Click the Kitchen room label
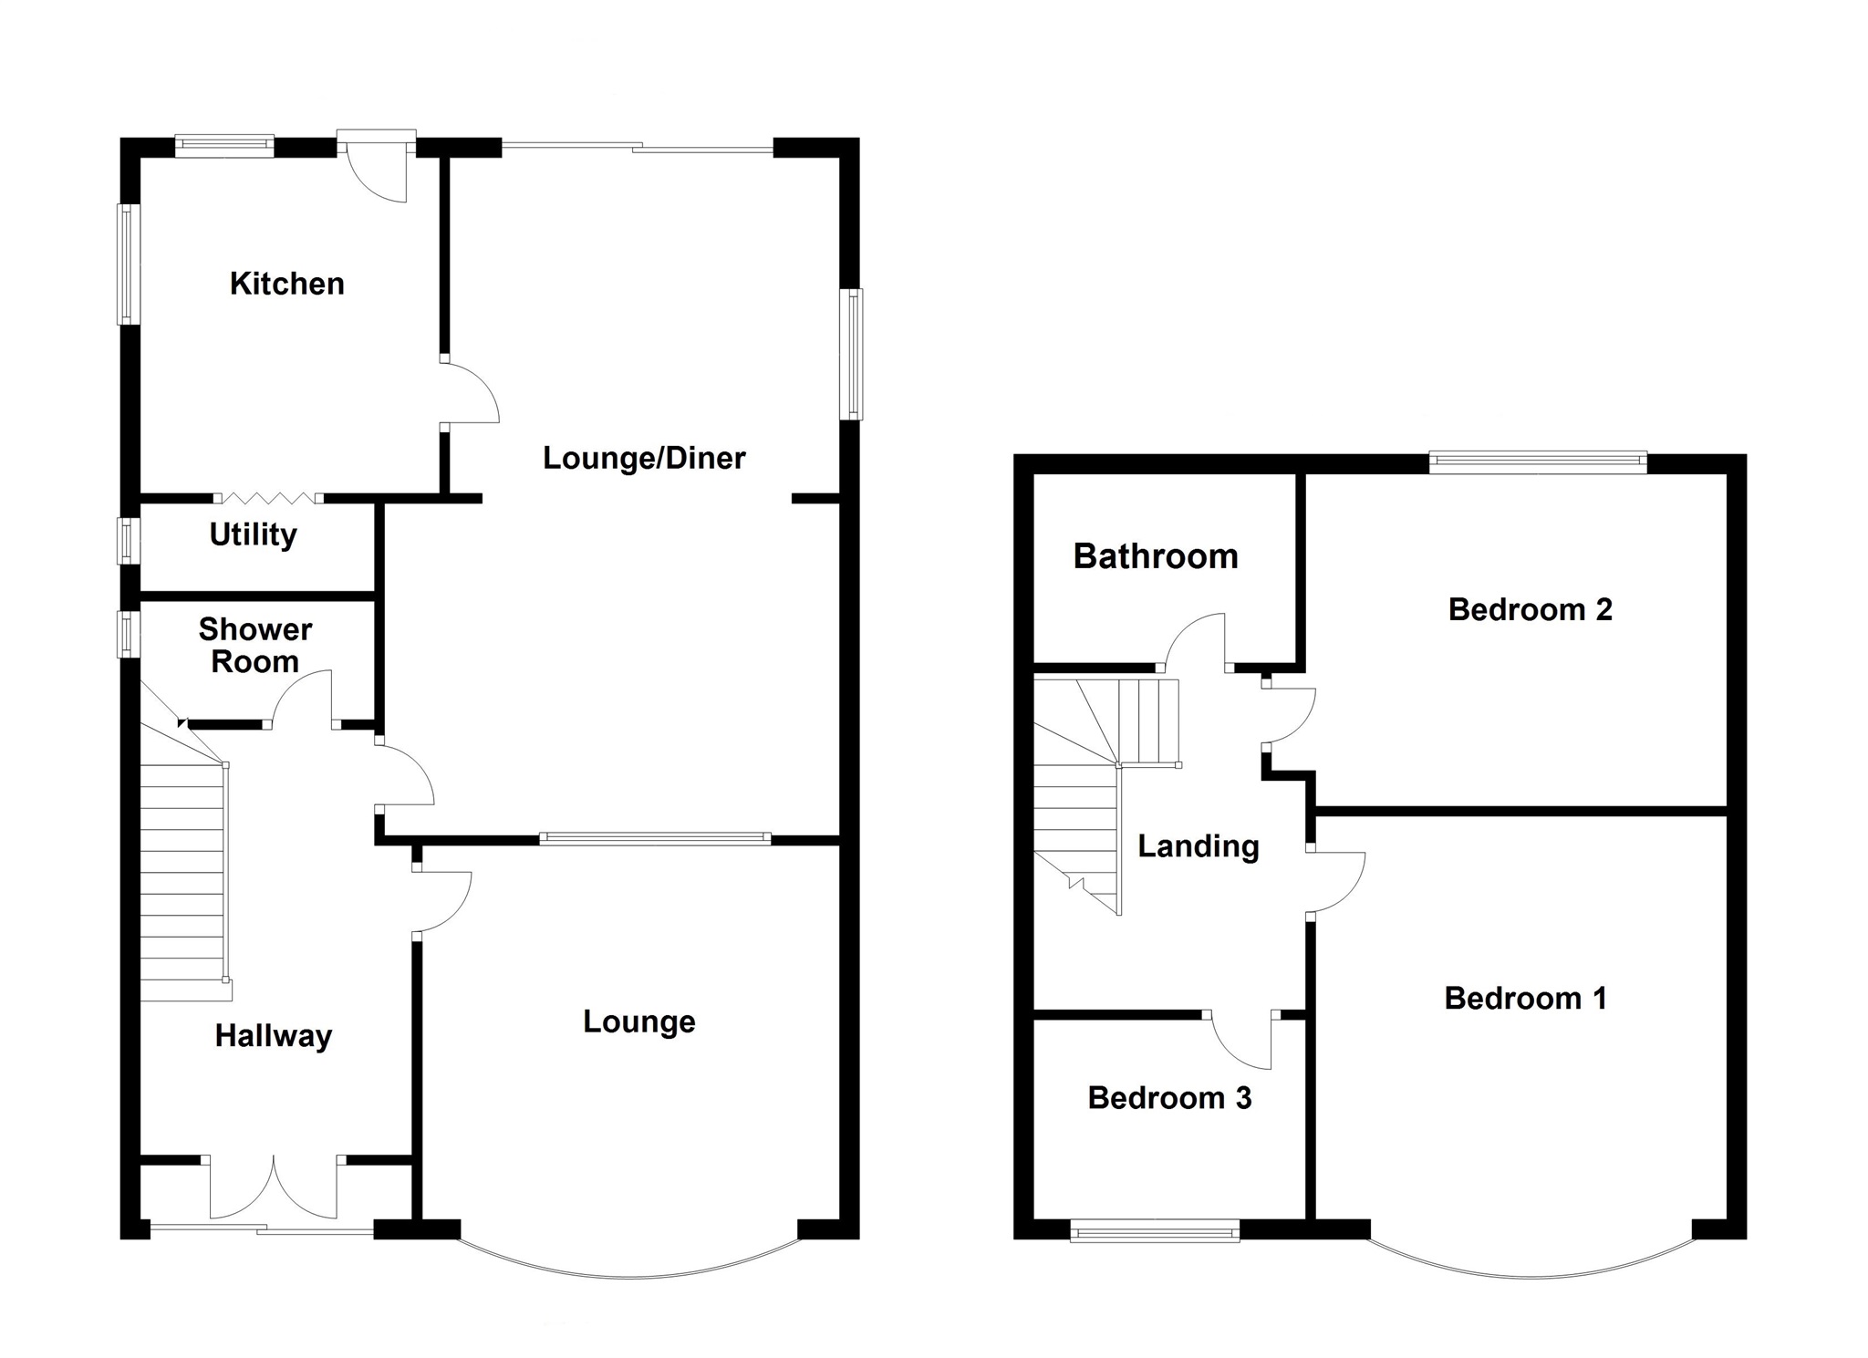[x=286, y=284]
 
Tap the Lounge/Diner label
[x=644, y=458]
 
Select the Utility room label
[x=253, y=534]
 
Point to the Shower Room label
[x=254, y=646]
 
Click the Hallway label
[x=273, y=1036]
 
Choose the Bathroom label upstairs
[x=1155, y=556]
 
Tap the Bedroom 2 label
[x=1530, y=609]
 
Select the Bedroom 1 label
[x=1525, y=999]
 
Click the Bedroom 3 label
[x=1169, y=1098]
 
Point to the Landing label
[x=1199, y=846]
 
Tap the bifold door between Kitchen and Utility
[x=268, y=498]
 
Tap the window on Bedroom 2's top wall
[x=1538, y=462]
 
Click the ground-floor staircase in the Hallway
[x=182, y=876]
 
